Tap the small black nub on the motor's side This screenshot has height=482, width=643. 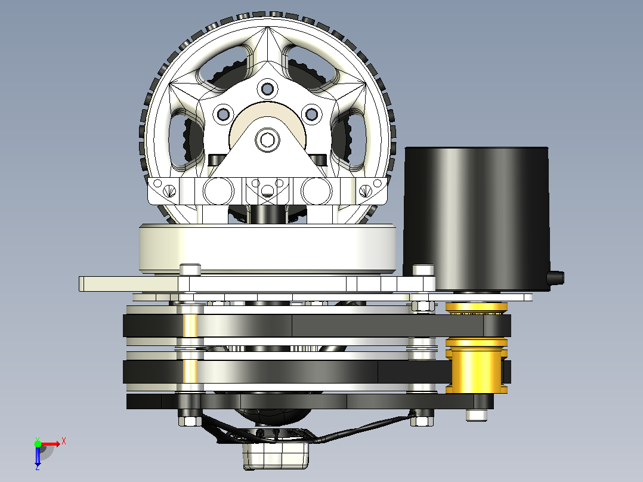[x=556, y=278]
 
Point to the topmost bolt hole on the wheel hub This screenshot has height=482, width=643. [x=267, y=89]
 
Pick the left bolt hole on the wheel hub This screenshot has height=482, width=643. [x=224, y=114]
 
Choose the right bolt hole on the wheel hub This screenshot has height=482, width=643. [x=311, y=114]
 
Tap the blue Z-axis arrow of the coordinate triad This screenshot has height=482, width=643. [x=38, y=456]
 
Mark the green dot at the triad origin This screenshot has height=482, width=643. [x=38, y=443]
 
